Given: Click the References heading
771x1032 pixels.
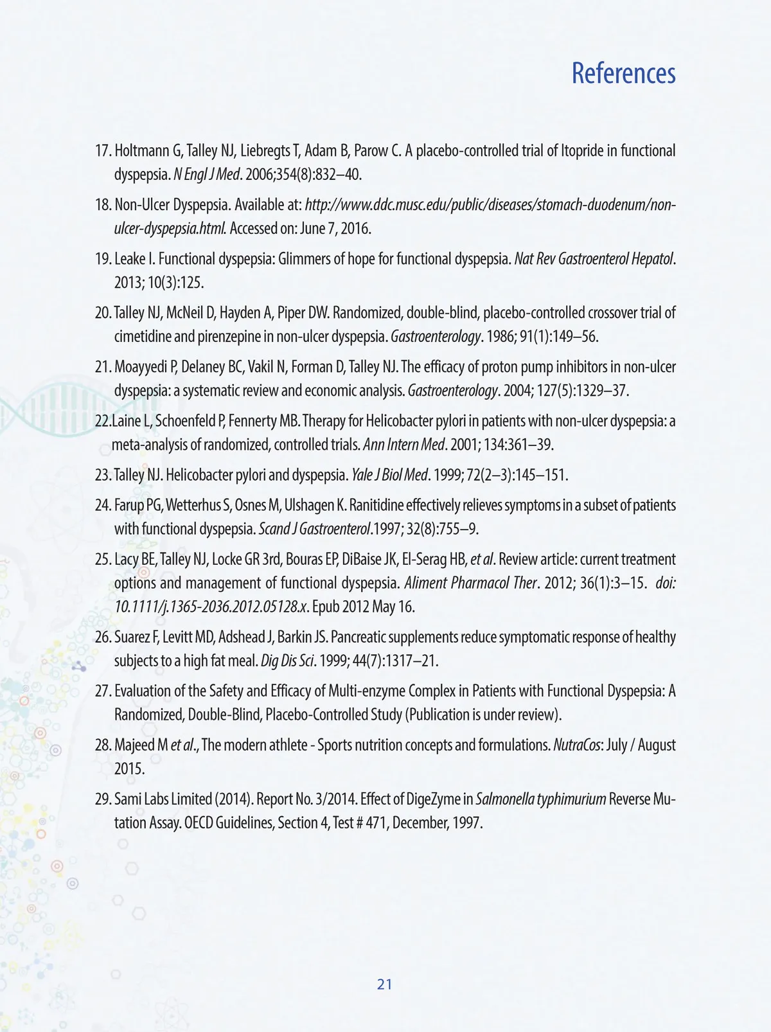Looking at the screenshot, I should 623,73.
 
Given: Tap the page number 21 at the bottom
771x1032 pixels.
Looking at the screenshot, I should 385,984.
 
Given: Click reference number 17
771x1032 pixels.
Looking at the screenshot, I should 103,151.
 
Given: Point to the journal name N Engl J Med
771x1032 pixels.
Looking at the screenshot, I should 206,175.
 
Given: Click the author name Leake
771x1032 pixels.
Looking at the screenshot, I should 130,259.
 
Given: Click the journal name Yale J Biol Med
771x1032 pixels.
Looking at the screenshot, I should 389,476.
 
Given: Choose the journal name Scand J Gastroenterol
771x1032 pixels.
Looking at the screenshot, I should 315,529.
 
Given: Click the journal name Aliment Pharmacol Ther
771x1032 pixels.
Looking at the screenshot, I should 470,583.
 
